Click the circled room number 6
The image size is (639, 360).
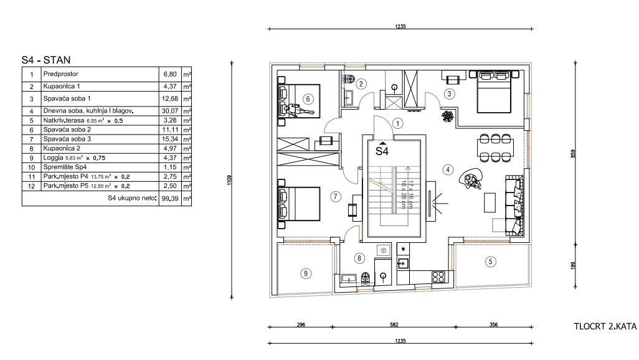coord(308,98)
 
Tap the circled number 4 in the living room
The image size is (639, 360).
coord(448,169)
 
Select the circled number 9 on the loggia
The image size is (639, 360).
coord(306,273)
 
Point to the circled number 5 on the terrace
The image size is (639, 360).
coord(490,262)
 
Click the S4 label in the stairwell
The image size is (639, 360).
coord(382,151)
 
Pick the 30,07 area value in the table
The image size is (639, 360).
coord(171,110)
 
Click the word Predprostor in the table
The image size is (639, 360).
coord(60,73)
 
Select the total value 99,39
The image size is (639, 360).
coord(171,198)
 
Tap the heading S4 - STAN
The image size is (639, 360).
coord(46,60)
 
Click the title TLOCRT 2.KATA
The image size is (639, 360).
coord(605,326)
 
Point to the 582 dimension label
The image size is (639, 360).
coord(394,325)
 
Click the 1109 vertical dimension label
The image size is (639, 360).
coord(229,180)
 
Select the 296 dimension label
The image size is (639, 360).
coord(301,325)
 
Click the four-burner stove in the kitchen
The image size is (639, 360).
coord(438,277)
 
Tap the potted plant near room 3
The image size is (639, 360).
coord(448,116)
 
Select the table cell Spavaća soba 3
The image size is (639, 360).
coord(67,139)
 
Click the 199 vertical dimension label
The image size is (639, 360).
coord(573,265)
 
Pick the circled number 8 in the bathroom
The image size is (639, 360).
coord(359,258)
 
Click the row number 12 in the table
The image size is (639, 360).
coord(31,186)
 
